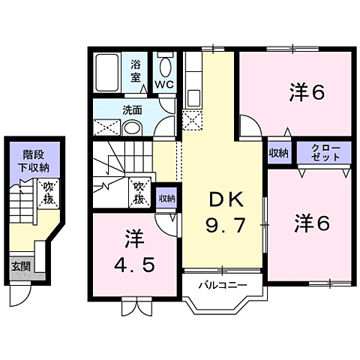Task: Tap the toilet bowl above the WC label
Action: coord(165,64)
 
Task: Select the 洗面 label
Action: coord(132,109)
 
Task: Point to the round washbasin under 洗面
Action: coord(133,128)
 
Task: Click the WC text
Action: coord(165,84)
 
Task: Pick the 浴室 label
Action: coord(136,70)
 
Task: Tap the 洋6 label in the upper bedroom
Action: coord(307,93)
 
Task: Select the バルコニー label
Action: coord(223,286)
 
